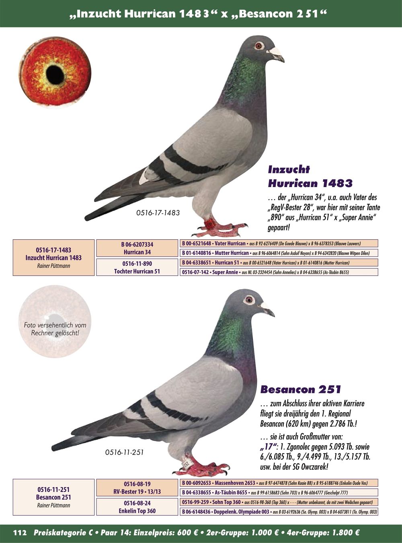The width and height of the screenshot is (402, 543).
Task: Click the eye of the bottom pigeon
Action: click(x=249, y=299)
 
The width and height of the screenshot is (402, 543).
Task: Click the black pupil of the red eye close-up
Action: click(x=55, y=73)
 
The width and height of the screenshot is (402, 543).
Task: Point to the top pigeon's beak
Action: click(x=277, y=54)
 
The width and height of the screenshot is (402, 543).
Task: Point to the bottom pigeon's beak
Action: click(x=267, y=309)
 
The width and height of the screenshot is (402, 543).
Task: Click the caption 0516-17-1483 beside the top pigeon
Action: click(x=158, y=212)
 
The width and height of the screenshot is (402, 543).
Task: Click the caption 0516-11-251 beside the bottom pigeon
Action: click(x=124, y=452)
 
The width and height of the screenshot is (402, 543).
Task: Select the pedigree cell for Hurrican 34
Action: click(x=137, y=248)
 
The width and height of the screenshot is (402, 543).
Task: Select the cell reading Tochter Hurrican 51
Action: click(x=137, y=267)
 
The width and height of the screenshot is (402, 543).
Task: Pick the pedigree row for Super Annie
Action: click(x=279, y=272)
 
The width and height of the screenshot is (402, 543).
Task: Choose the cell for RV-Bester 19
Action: click(x=137, y=487)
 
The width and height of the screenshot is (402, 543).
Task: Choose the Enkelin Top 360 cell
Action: click(x=137, y=507)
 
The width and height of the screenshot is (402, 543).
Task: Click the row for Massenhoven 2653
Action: click(x=279, y=483)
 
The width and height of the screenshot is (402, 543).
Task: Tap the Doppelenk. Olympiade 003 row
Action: click(x=279, y=512)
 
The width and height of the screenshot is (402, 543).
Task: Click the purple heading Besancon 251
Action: click(x=301, y=389)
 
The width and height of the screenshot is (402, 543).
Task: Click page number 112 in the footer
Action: click(x=20, y=533)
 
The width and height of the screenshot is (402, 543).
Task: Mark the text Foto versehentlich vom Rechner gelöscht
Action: click(x=55, y=329)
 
